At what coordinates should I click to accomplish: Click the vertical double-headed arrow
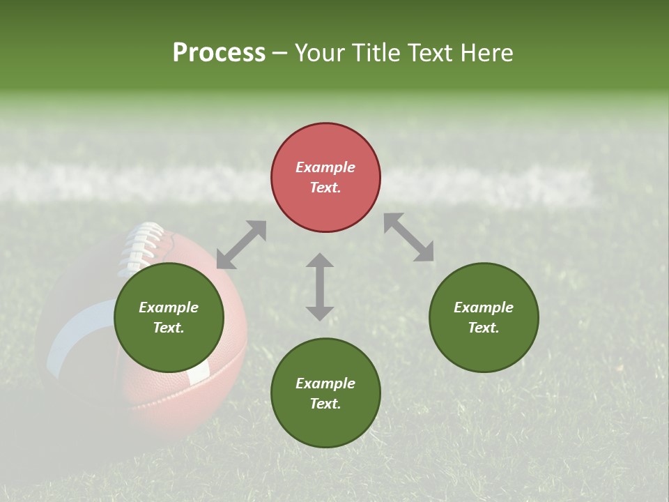coord(320,287)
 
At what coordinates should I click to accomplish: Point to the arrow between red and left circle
coord(241,245)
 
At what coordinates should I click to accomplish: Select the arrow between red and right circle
coord(409,238)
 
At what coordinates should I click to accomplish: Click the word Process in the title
coord(219,53)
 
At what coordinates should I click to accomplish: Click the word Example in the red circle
coord(325,167)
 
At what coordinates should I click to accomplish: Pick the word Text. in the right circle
coord(484,328)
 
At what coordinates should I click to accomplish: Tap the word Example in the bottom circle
coord(325,383)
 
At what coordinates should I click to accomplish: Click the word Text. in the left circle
coord(169,328)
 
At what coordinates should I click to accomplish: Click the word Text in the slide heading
coord(433,53)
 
